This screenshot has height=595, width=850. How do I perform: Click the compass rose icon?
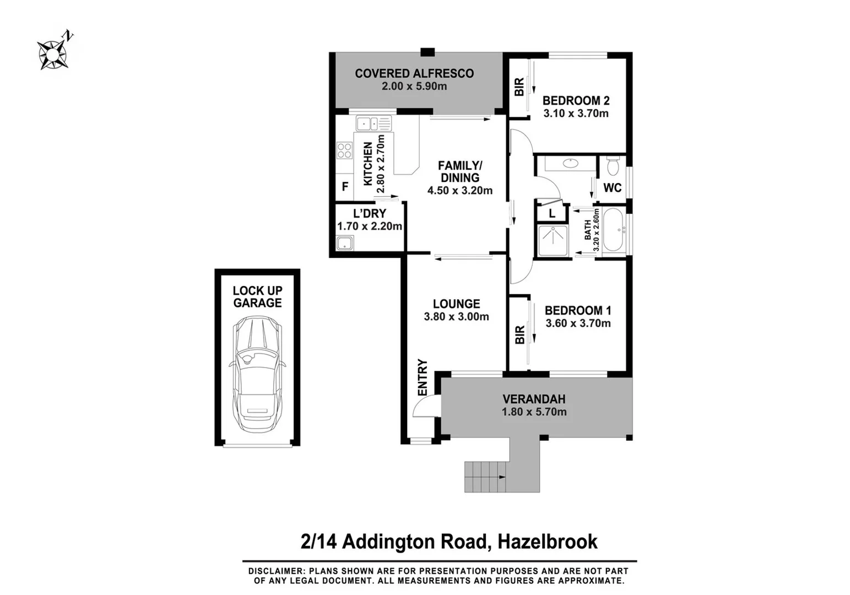click(x=53, y=53)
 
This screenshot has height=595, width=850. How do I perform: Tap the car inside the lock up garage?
click(x=257, y=375)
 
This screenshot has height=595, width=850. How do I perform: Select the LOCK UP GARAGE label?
click(x=257, y=296)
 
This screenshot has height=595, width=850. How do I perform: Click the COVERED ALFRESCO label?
click(x=414, y=73)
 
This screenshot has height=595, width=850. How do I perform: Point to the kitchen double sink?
click(x=373, y=123)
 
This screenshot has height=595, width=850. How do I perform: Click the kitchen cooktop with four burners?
click(x=344, y=150)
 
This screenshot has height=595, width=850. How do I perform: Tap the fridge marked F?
click(x=345, y=187)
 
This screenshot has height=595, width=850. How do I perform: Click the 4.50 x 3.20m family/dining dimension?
click(x=459, y=191)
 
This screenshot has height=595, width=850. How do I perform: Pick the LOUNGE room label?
click(x=456, y=304)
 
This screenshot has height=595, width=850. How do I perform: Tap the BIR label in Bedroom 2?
click(x=519, y=87)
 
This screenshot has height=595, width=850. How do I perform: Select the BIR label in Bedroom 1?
click(x=519, y=335)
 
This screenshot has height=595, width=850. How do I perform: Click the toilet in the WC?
click(x=613, y=165)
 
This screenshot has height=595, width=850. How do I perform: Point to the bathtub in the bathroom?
click(x=613, y=230)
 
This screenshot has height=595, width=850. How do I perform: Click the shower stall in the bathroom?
click(x=553, y=241)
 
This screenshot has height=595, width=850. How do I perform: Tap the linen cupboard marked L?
click(x=551, y=213)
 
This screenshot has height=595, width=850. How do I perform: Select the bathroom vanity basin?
click(x=571, y=163)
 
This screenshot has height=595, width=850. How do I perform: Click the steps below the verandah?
click(x=485, y=476)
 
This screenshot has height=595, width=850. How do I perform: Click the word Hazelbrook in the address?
click(x=547, y=542)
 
